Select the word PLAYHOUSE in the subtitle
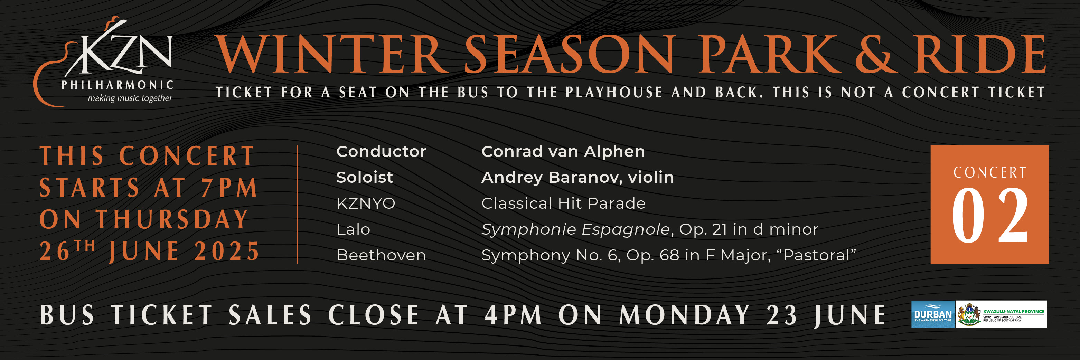(x=614, y=92)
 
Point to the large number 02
(x=989, y=215)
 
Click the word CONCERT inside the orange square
(x=990, y=172)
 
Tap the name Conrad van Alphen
(x=563, y=151)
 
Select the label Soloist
(x=364, y=177)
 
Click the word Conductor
(x=381, y=151)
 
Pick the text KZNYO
(x=366, y=203)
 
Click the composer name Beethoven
(x=381, y=255)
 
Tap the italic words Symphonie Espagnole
(x=575, y=229)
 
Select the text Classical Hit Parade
(x=563, y=203)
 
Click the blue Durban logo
(x=933, y=314)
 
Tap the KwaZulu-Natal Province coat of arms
(x=969, y=314)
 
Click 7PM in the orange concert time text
(x=229, y=187)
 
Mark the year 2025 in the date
(x=227, y=251)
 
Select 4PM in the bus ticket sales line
(x=514, y=315)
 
